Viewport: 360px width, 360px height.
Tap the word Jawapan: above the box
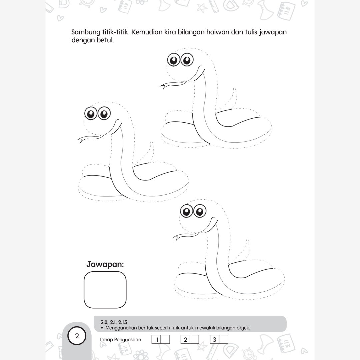(x=105, y=264)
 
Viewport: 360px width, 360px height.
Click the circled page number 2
(x=77, y=336)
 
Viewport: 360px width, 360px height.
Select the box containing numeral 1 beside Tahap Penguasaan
(x=161, y=339)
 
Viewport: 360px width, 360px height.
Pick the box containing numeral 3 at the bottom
(x=219, y=339)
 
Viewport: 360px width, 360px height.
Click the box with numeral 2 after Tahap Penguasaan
(x=190, y=339)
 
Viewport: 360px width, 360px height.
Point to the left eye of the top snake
(x=174, y=60)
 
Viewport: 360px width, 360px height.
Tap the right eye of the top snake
(x=187, y=60)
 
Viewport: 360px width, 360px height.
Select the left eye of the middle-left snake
(x=91, y=113)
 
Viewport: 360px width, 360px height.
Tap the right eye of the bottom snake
(x=200, y=211)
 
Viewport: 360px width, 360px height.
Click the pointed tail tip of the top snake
(x=234, y=88)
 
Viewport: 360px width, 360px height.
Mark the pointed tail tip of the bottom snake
(x=247, y=240)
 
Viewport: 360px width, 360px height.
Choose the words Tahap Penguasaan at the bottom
(x=120, y=340)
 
